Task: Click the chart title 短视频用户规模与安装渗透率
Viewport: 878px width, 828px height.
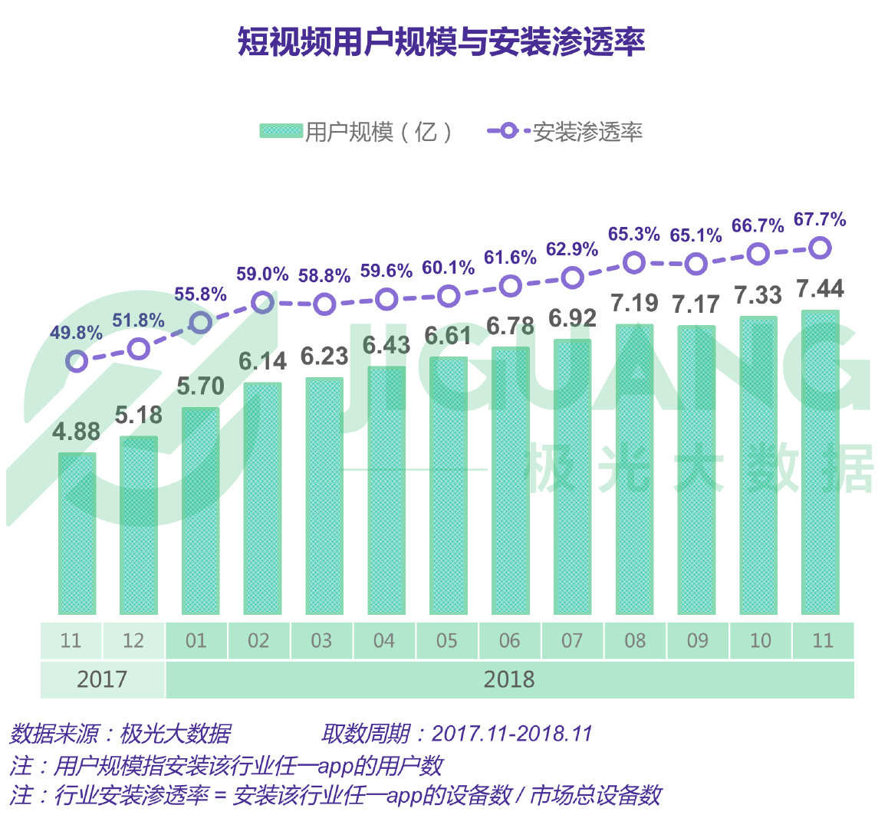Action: tap(441, 42)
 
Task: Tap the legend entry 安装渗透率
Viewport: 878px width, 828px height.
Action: tap(565, 132)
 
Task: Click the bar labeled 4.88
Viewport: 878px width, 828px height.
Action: tap(77, 534)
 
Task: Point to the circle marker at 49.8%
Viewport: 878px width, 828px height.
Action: tap(77, 361)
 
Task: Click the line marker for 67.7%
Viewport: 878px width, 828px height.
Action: tap(820, 248)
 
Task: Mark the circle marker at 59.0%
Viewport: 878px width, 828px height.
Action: tap(262, 302)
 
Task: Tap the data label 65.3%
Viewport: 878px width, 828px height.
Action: tap(634, 234)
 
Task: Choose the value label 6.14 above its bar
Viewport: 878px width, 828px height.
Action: tap(262, 360)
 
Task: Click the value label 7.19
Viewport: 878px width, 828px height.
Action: tap(634, 303)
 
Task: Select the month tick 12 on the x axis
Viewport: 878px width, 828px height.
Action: tap(133, 641)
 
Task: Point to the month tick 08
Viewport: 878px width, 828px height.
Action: tap(635, 641)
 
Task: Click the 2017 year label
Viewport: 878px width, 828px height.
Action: tap(102, 679)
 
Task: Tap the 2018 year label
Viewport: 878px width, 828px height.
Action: tap(509, 679)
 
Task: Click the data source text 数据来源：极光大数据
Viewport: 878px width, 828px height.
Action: tap(120, 734)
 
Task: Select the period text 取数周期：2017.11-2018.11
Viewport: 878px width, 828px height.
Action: tap(457, 734)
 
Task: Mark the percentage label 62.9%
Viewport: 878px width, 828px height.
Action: tap(572, 249)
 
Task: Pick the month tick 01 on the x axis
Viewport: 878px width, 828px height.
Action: tap(196, 641)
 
